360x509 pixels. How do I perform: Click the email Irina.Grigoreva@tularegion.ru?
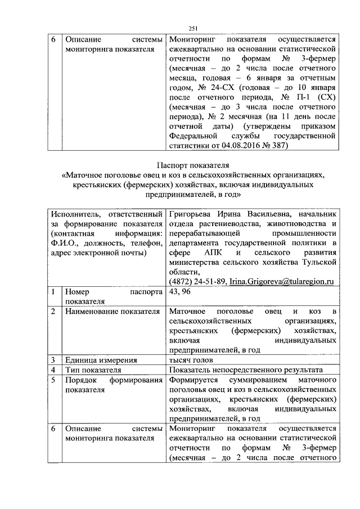point(282,281)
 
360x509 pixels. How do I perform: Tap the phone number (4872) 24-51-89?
point(197,281)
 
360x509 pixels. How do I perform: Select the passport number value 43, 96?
point(179,292)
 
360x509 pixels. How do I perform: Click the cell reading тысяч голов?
point(195,360)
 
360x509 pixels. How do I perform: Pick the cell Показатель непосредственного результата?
point(245,370)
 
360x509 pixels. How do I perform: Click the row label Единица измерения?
point(100,360)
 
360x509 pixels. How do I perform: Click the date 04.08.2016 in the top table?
point(244,146)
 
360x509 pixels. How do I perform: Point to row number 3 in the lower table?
point(52,360)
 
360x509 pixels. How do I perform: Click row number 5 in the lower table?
point(52,380)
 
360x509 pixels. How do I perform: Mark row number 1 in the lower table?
point(52,292)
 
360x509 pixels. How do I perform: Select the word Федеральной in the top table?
point(192,136)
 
